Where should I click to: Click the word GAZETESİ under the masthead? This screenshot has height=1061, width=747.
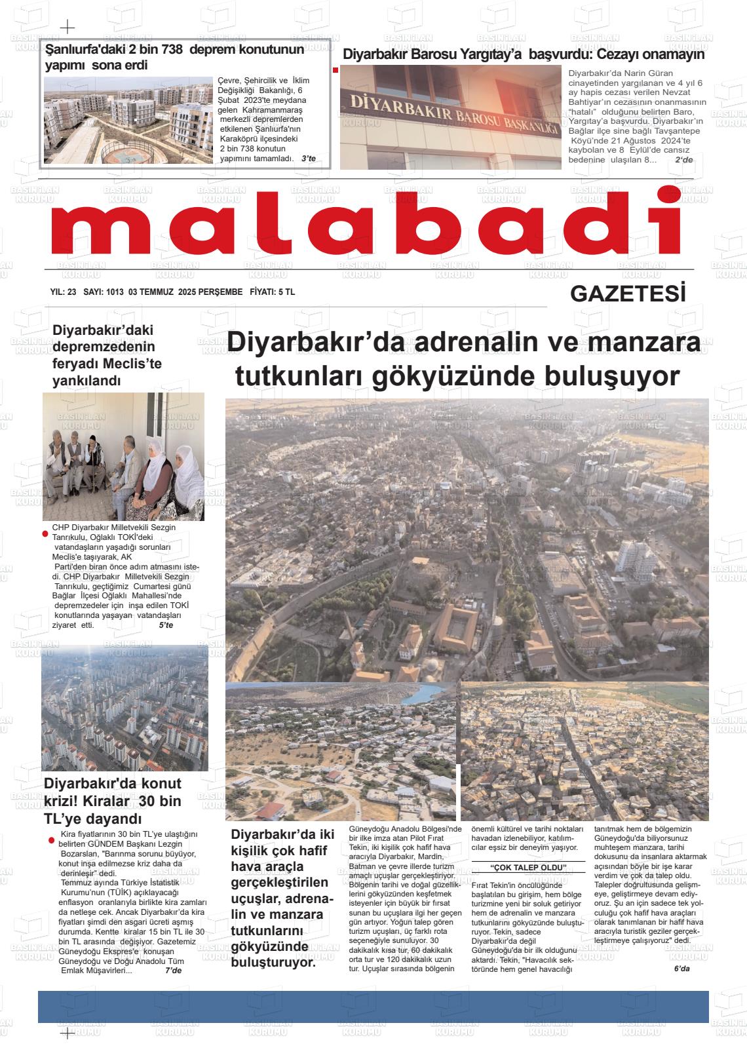click(628, 294)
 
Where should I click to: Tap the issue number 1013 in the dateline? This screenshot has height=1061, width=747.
click(114, 292)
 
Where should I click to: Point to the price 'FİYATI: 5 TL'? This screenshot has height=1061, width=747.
click(273, 292)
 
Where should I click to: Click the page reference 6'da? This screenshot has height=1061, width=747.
click(681, 969)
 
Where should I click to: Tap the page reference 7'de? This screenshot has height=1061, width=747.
click(173, 971)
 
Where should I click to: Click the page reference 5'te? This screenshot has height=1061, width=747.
click(166, 625)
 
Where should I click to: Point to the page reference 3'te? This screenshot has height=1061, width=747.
click(308, 159)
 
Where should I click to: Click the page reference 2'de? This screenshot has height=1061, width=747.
click(683, 160)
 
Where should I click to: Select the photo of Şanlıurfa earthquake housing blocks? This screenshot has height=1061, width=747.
click(128, 120)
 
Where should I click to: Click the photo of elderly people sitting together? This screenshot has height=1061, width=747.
click(123, 457)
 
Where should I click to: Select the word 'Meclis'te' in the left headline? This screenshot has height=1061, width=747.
click(131, 364)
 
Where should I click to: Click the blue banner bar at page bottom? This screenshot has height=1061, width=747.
click(373, 1007)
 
